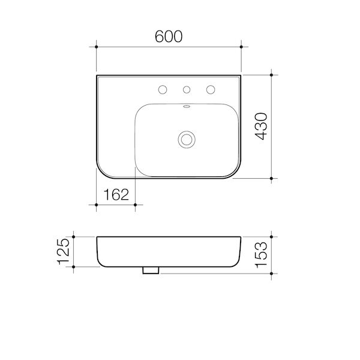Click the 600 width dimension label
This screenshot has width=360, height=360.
169,35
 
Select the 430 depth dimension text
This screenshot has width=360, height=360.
261,127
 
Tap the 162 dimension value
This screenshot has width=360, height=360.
116,194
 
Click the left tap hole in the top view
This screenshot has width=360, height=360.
161,90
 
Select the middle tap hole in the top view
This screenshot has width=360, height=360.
186,90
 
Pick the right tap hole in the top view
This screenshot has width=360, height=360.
211,90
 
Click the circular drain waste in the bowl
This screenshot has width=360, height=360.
186,139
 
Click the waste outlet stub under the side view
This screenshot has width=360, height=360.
151,271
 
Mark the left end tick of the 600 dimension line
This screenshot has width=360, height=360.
97,46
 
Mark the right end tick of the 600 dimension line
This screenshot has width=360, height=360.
241,46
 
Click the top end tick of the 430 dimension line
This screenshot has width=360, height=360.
272,74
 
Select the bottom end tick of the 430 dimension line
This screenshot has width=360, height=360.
272,178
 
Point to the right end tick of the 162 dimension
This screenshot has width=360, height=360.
136,205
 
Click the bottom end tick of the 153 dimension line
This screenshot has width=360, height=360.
272,274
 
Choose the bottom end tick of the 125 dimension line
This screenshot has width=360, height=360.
74,267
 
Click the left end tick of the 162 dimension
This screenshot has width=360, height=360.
97,205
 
